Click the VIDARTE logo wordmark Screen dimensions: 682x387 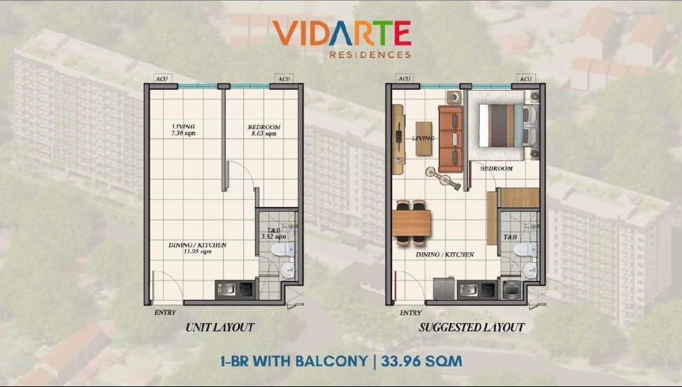click(x=342, y=33)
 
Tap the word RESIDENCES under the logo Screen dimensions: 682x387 click(x=370, y=55)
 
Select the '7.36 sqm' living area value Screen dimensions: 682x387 click(x=184, y=133)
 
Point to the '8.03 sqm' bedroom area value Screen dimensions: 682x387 click(x=264, y=133)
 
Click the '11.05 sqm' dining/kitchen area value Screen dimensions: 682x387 click(x=198, y=252)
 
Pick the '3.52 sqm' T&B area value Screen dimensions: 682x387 click(x=274, y=237)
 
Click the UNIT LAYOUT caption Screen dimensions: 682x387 click(x=220, y=327)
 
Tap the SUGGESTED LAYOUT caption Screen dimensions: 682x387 click(x=471, y=327)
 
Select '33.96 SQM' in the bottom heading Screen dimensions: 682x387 click(x=422, y=361)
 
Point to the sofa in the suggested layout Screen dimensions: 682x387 click(x=450, y=139)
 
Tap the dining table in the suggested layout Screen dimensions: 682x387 click(x=411, y=223)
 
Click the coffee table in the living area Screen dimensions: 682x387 click(x=424, y=139)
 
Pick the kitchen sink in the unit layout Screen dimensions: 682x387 click(x=227, y=288)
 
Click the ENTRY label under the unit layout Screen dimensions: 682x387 click(x=165, y=312)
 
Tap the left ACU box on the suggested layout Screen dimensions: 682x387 click(x=405, y=79)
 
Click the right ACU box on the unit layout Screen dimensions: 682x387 click(x=284, y=79)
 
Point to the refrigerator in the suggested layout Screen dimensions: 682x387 click(x=444, y=288)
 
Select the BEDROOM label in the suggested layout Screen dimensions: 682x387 click(x=496, y=168)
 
